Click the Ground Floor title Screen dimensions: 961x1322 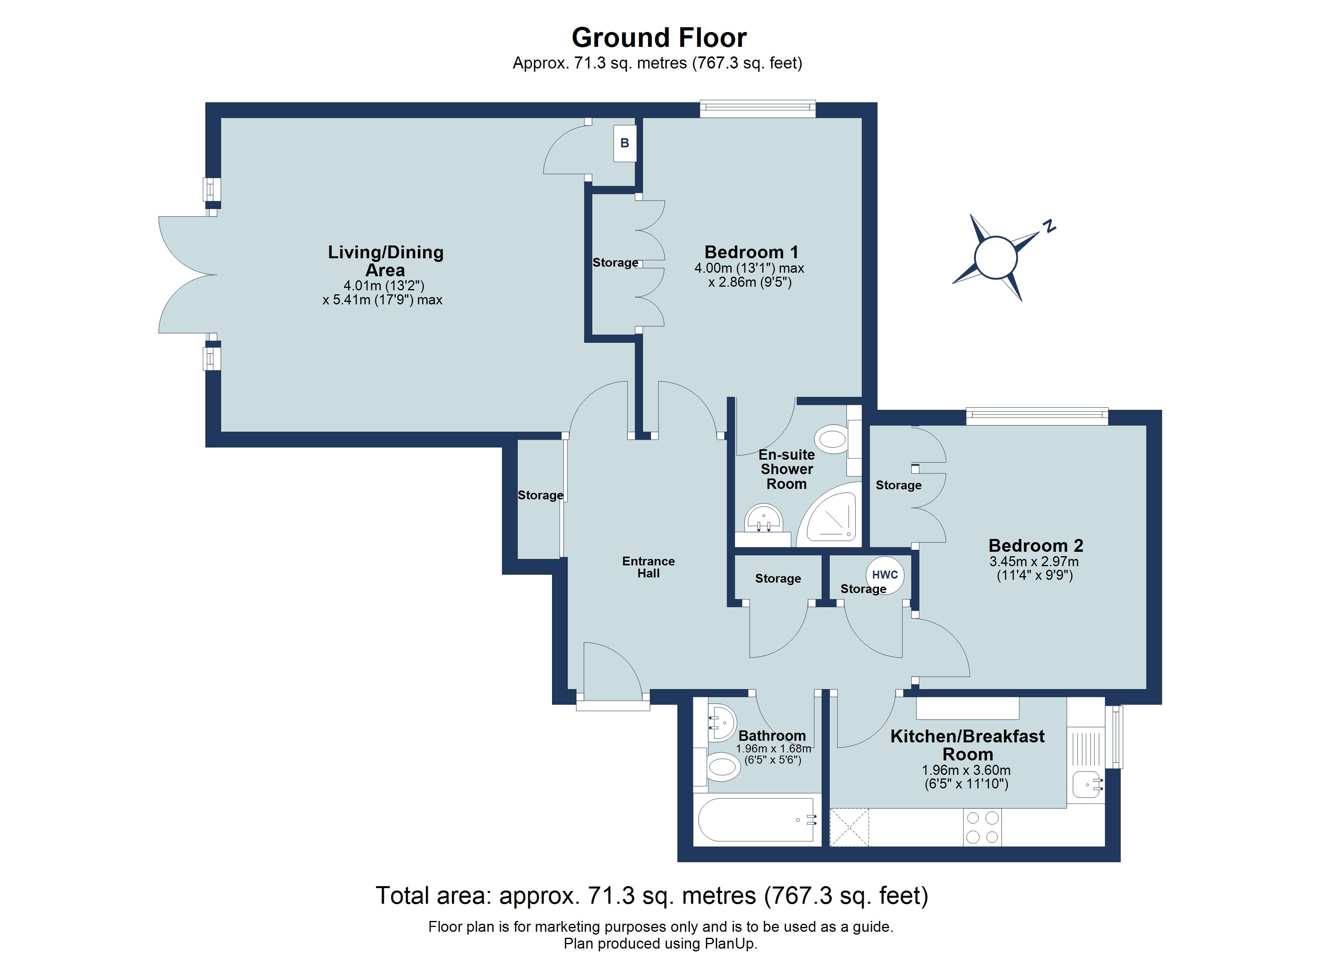659,38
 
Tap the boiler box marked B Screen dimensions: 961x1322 624,143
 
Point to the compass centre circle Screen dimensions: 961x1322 996,257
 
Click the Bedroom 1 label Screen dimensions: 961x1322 751,252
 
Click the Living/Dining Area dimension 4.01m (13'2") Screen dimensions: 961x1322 383,285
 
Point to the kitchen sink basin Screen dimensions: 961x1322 1088,784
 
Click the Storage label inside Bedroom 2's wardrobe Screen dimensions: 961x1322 898,485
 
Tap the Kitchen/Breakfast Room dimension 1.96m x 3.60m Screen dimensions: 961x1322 966,770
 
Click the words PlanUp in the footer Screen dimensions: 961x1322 730,943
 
